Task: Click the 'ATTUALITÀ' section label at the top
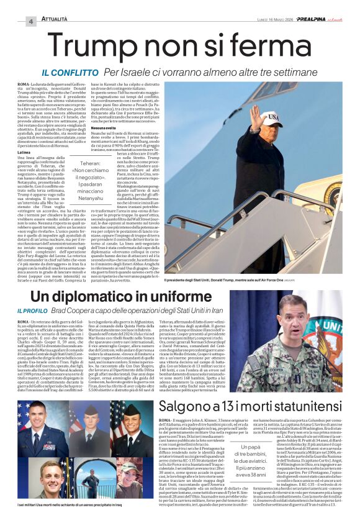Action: [x=58, y=20]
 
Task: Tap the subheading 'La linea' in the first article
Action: [x=25, y=152]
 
